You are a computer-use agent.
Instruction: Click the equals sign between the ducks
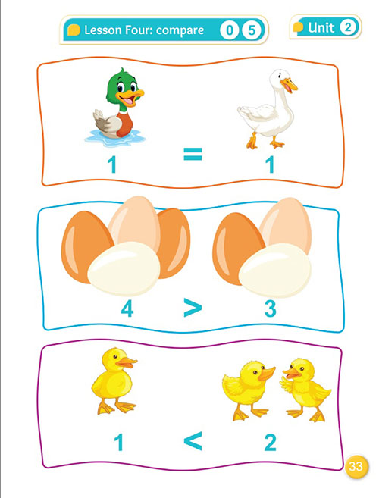click(193, 154)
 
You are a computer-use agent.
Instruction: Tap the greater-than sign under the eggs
click(193, 307)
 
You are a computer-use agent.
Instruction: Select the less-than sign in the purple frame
click(193, 440)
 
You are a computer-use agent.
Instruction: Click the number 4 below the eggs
click(127, 309)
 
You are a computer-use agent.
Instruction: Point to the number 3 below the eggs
click(271, 309)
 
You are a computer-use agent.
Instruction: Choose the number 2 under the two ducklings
click(271, 443)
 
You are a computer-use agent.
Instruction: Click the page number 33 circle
click(356, 466)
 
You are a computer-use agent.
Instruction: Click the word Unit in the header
click(321, 27)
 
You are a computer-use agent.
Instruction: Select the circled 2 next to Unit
click(348, 27)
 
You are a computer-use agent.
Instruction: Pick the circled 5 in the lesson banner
click(252, 30)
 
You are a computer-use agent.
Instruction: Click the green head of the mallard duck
click(120, 86)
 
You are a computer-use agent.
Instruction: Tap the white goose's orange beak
click(290, 85)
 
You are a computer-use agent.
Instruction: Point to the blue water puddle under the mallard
click(115, 138)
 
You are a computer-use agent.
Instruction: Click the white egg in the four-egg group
click(124, 268)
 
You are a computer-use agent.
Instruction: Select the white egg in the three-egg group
click(275, 270)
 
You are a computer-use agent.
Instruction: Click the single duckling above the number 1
click(114, 381)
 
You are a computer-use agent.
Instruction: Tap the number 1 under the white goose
click(271, 164)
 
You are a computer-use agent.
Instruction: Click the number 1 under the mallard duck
click(112, 164)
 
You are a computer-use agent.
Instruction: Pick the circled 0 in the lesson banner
click(230, 30)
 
